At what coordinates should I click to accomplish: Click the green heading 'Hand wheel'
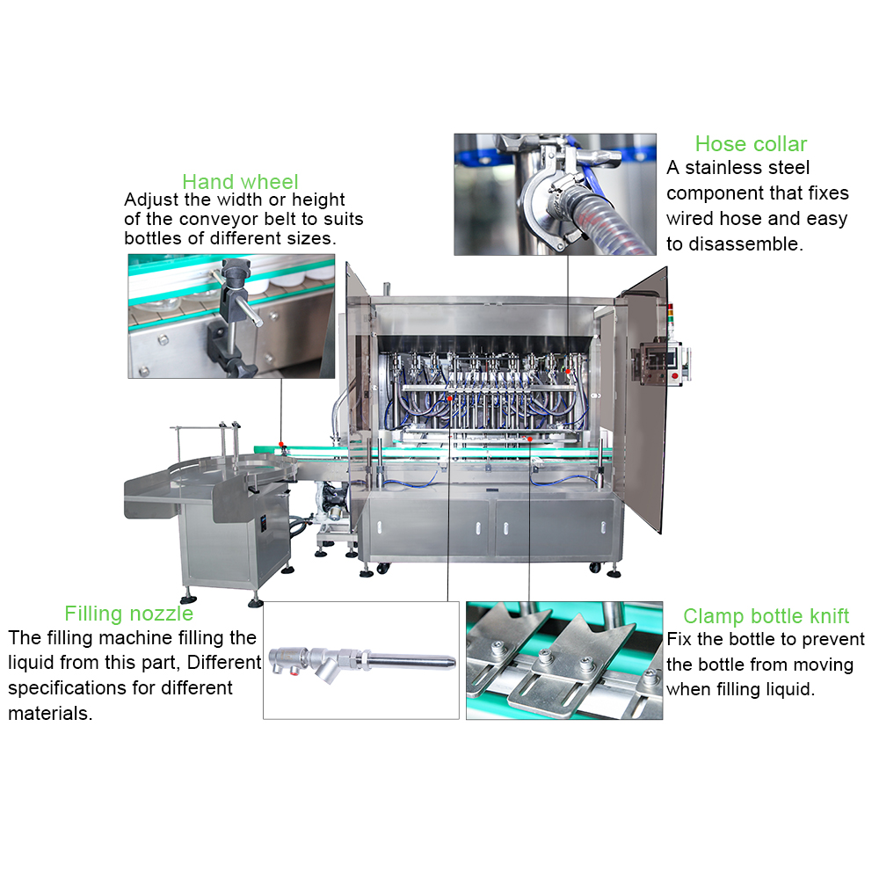tap(240, 182)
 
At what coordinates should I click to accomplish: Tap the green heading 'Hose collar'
tap(751, 144)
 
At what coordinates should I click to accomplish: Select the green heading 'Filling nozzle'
tap(129, 614)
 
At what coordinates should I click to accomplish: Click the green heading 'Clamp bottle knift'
tap(766, 616)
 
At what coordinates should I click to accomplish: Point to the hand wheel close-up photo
tap(231, 316)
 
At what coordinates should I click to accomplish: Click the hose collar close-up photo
tap(555, 194)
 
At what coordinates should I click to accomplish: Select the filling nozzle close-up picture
tap(361, 660)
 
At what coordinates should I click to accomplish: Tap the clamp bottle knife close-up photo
tap(564, 660)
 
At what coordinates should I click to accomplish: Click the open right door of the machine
tap(643, 399)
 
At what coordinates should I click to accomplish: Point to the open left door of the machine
tap(357, 359)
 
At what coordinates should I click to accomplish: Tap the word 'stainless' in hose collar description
tap(719, 168)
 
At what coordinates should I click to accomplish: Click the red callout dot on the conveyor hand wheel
tap(281, 445)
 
